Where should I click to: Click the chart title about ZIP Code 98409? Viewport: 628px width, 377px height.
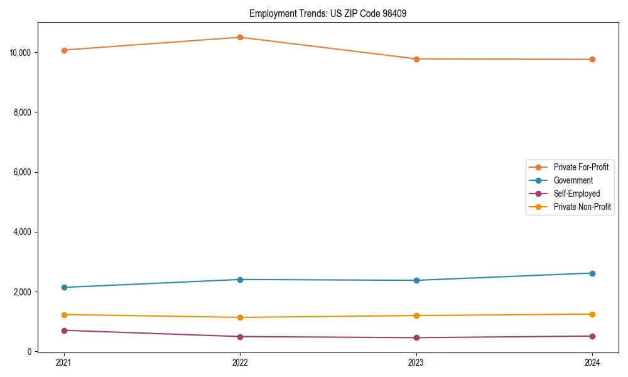click(x=328, y=13)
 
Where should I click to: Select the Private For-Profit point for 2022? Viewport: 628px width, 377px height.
click(x=240, y=37)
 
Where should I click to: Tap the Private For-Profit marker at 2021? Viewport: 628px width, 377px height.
click(x=64, y=50)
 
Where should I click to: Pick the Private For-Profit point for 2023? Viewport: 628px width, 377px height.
click(x=416, y=59)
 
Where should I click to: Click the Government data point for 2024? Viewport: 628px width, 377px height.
click(x=592, y=273)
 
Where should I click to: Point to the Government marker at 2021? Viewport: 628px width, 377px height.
click(x=64, y=288)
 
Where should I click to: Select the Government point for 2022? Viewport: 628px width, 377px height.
click(x=240, y=280)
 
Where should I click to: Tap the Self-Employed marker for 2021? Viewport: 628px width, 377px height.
click(x=64, y=331)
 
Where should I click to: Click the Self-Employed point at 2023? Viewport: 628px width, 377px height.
click(x=416, y=338)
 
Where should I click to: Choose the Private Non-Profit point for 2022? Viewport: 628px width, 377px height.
click(x=240, y=317)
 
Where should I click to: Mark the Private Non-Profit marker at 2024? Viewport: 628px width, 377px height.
click(x=592, y=314)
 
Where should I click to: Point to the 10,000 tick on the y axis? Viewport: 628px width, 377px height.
click(x=21, y=52)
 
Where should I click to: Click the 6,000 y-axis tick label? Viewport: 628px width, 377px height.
click(x=23, y=172)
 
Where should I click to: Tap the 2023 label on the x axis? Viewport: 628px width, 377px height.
click(x=416, y=363)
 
